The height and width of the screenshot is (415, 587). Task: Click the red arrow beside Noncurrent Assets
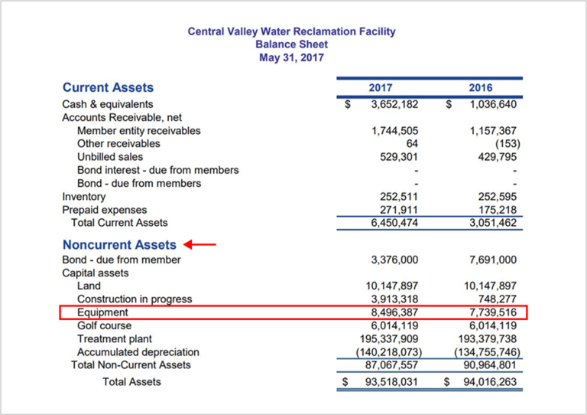(x=201, y=245)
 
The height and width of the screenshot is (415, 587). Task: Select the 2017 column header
(x=380, y=87)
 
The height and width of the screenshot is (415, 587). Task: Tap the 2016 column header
(x=481, y=87)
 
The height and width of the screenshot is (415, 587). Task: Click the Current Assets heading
(x=108, y=87)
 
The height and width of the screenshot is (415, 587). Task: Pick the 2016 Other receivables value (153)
(x=505, y=143)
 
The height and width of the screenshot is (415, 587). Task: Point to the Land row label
(x=89, y=286)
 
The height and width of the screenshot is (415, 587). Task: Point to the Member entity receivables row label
(x=139, y=130)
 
